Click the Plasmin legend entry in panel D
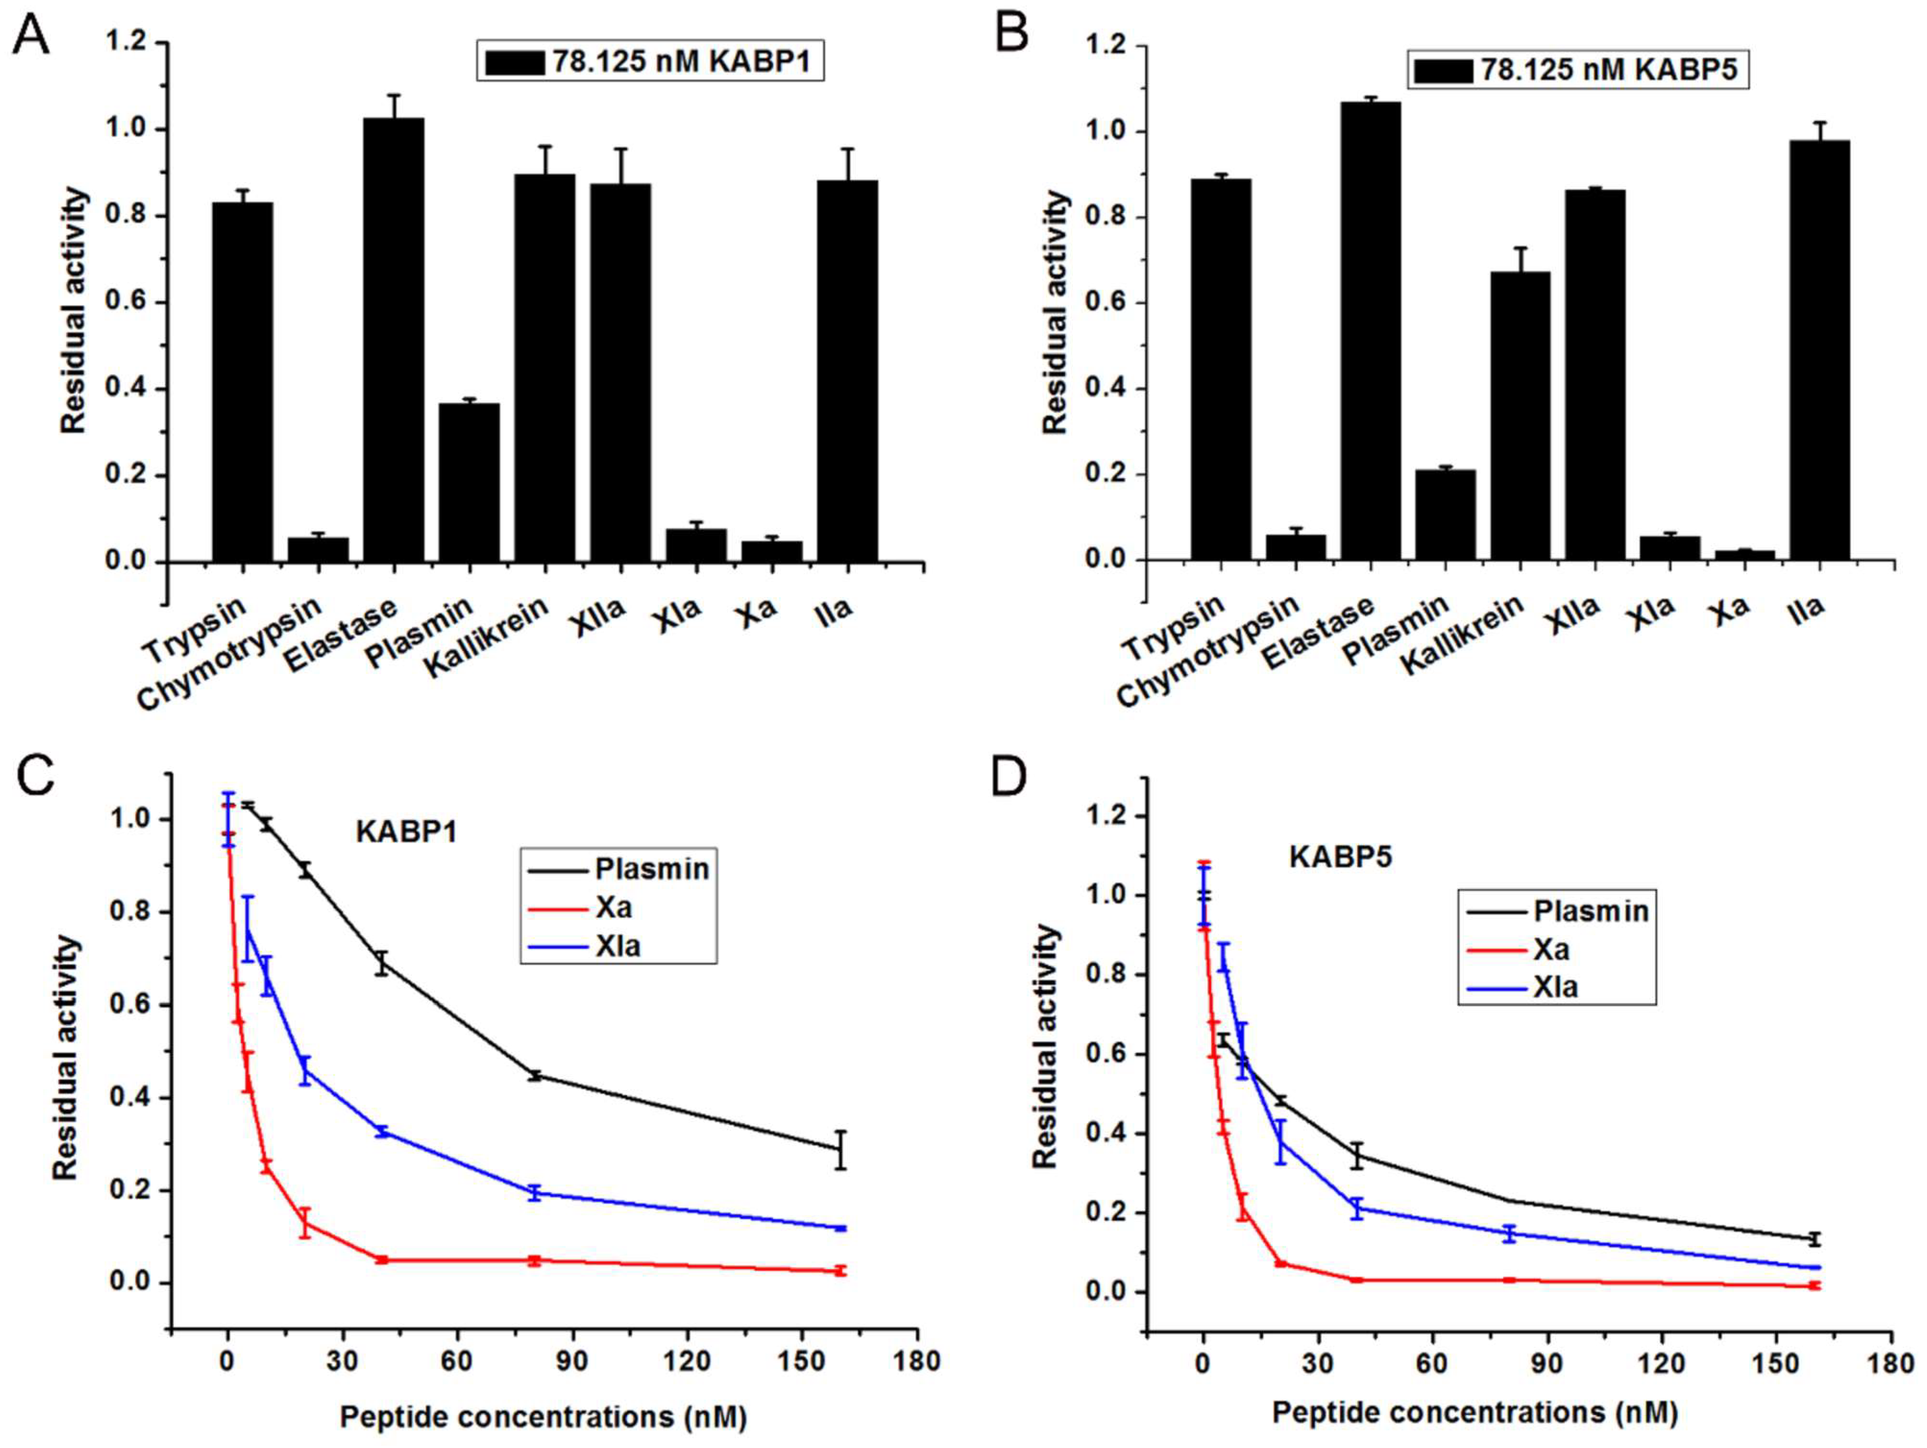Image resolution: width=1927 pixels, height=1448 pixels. click(x=1591, y=912)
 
